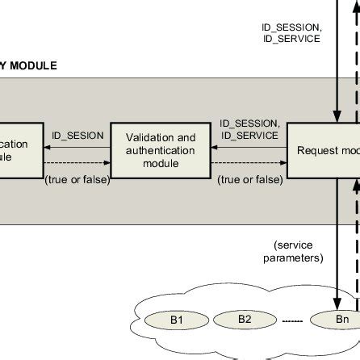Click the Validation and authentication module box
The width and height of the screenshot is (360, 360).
161,150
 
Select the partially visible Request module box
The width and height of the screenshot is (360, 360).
324,150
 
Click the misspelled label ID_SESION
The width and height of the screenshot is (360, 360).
77,136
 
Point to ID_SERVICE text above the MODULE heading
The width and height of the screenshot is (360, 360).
291,38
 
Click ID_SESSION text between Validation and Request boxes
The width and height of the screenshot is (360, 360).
250,123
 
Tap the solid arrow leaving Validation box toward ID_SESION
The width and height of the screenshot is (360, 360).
77,148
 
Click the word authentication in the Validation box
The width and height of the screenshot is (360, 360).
161,150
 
